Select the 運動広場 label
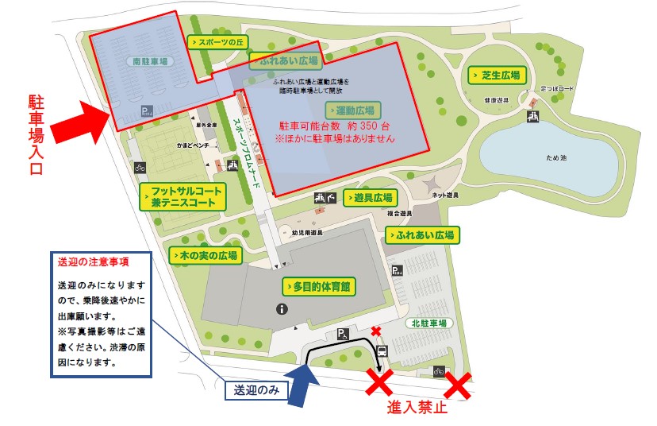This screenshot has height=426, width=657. [x=354, y=110]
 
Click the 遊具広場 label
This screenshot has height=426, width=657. [x=370, y=198]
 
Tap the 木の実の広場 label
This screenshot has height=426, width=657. [x=205, y=256]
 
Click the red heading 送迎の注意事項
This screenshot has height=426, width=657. [x=93, y=261]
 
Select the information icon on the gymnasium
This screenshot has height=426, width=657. [x=280, y=308]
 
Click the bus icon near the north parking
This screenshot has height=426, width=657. [x=382, y=350]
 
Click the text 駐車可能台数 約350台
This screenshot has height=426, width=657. [x=333, y=126]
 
